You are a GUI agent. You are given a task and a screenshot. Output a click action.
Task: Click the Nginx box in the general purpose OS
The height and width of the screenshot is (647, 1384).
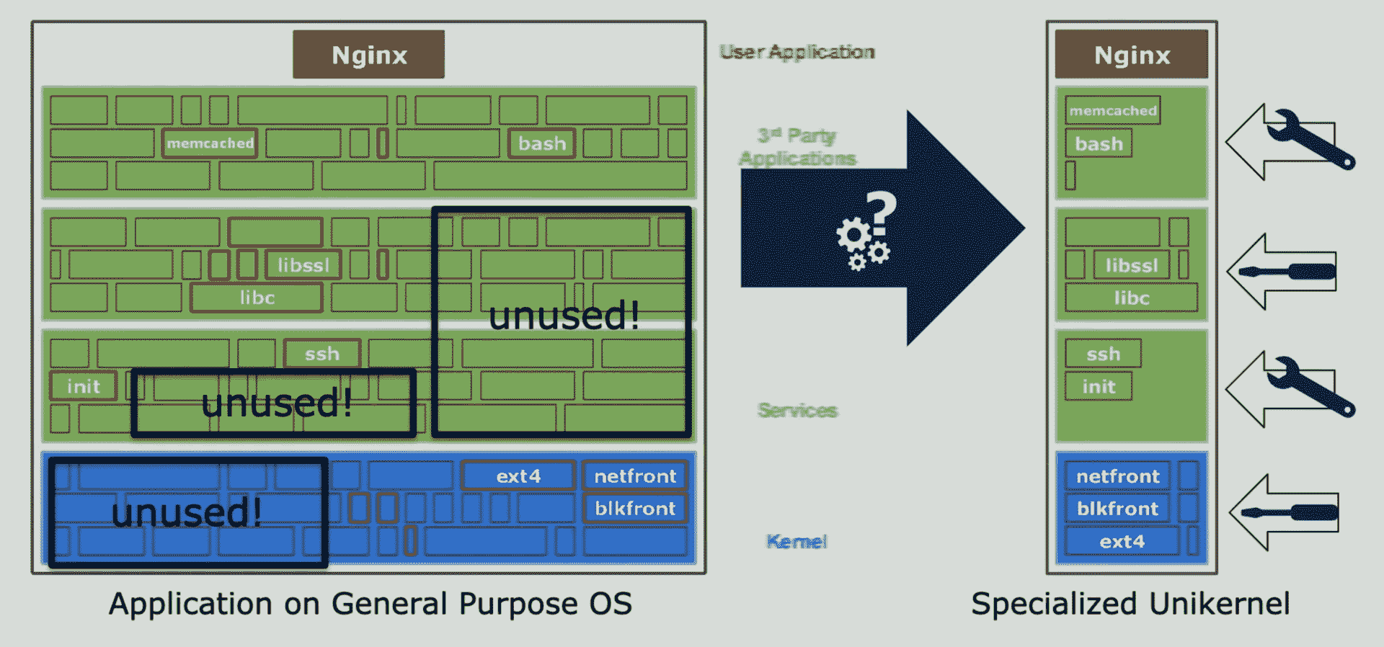[x=368, y=55]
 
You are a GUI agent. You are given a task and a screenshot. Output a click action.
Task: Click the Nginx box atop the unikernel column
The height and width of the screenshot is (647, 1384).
[x=1131, y=55]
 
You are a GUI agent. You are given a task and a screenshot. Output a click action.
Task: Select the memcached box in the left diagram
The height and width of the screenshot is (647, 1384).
[x=210, y=143]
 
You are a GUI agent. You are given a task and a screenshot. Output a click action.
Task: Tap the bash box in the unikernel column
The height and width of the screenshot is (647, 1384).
[x=1099, y=143]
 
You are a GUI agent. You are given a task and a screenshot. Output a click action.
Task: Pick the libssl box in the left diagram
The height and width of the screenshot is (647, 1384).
[x=303, y=265]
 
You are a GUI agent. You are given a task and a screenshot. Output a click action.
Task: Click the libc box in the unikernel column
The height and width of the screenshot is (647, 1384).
[x=1131, y=298]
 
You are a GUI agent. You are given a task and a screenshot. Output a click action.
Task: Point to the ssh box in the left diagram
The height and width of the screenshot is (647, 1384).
[x=321, y=354]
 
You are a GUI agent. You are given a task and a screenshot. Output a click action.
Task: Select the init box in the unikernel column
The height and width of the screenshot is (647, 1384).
[x=1099, y=387]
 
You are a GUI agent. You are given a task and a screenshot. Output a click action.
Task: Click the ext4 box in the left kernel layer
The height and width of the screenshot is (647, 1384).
[x=518, y=476]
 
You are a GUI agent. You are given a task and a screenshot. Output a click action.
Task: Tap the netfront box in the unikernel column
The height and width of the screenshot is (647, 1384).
[x=1117, y=476]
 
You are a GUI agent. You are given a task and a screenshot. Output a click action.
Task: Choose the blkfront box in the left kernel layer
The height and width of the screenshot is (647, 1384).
[x=634, y=509]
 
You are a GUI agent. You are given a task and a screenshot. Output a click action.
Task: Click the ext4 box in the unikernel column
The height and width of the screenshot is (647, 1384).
[x=1122, y=541]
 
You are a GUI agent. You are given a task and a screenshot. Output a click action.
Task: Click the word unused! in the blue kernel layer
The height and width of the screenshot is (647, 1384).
[x=186, y=513]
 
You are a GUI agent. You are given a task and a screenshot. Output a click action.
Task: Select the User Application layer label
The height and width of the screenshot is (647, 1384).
[x=797, y=52]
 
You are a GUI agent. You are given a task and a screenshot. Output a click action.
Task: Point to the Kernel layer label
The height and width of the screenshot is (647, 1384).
[x=797, y=541]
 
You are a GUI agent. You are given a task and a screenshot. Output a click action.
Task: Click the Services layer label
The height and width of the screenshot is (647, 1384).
[x=797, y=410]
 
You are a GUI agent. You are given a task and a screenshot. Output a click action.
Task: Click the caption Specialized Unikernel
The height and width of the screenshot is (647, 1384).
[x=1130, y=604]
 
